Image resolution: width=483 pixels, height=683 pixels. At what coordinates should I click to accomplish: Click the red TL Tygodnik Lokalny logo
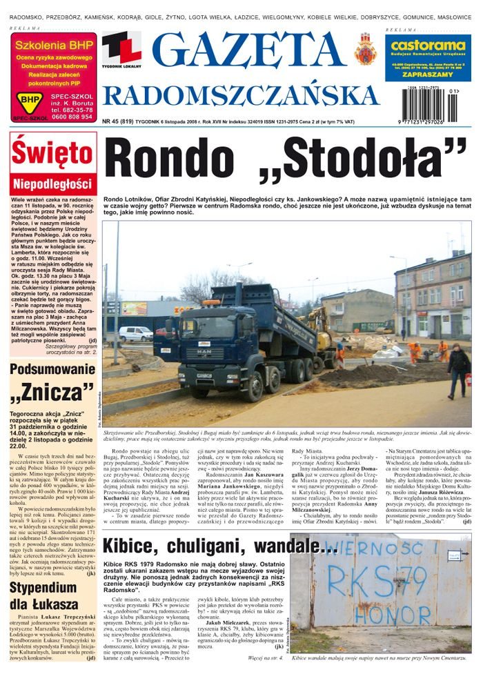point(121,49)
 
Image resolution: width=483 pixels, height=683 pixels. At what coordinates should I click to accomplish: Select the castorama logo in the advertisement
point(428,46)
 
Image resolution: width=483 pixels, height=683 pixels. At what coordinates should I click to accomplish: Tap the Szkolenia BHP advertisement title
point(52,46)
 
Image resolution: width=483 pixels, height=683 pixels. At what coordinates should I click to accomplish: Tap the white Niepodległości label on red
point(52,184)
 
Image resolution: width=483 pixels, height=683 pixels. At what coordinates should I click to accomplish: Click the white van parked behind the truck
point(135,333)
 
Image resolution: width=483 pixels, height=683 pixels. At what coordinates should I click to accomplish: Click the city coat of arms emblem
point(365,48)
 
